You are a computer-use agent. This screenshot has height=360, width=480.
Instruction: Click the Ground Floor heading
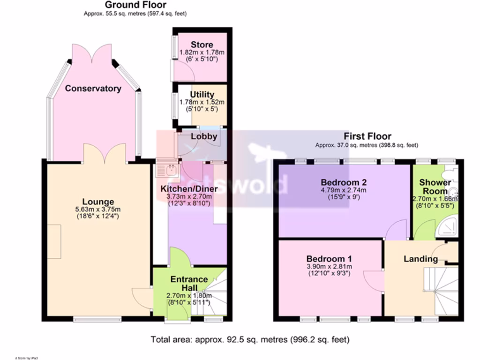point(135,5)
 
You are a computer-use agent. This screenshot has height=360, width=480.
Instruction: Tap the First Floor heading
point(367,136)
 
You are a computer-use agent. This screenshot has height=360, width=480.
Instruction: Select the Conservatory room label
point(93,88)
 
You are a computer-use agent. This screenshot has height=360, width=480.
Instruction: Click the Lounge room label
point(96,202)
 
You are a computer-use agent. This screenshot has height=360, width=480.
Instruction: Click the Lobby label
point(204,137)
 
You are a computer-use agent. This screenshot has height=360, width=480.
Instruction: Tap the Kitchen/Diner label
point(189,188)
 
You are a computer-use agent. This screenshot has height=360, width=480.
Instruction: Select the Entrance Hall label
point(189,283)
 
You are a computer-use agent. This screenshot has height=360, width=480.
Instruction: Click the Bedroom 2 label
point(344,182)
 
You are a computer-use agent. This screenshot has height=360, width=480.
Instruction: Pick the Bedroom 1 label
point(329,259)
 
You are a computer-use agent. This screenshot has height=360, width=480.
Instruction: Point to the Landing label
point(420,259)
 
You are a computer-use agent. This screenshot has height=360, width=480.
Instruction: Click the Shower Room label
point(435,186)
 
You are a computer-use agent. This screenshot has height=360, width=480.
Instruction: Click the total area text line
point(249,339)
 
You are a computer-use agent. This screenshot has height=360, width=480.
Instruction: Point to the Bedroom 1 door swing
point(374,282)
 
